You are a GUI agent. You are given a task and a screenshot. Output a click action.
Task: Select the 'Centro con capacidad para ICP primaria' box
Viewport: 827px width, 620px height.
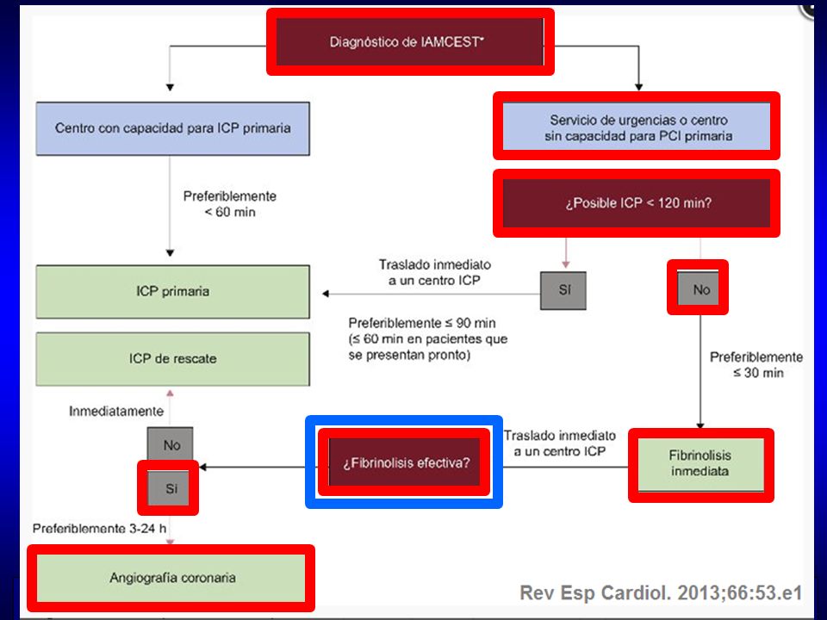click(173, 128)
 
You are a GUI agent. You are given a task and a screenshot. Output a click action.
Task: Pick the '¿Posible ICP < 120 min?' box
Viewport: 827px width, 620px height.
click(637, 203)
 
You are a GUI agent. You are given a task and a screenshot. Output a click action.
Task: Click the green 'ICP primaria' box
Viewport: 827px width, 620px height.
click(173, 292)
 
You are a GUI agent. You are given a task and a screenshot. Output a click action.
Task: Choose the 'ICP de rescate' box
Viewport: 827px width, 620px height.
click(173, 359)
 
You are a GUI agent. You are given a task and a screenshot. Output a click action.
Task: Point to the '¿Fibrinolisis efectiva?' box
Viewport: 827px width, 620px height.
click(405, 462)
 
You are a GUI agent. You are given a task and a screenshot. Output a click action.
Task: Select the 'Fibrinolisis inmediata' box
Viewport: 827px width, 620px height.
click(701, 464)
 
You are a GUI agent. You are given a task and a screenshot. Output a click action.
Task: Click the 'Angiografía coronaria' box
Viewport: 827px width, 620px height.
click(171, 578)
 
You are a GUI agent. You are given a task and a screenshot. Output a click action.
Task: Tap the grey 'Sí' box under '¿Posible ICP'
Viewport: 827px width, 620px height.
click(563, 290)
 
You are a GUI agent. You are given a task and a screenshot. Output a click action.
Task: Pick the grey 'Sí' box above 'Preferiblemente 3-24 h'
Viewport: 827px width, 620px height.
click(168, 487)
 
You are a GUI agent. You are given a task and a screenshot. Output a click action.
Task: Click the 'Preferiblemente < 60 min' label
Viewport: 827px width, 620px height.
click(230, 204)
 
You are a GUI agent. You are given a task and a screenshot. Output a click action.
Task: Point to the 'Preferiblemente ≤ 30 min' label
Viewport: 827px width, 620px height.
click(756, 365)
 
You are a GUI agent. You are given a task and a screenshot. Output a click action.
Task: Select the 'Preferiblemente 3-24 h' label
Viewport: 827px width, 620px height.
click(100, 528)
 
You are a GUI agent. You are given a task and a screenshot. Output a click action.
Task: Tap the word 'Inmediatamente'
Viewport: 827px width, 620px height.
click(116, 412)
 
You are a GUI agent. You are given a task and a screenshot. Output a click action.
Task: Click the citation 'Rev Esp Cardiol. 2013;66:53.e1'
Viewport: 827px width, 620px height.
click(661, 592)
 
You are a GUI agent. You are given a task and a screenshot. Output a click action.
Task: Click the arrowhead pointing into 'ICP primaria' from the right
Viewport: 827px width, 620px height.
click(326, 294)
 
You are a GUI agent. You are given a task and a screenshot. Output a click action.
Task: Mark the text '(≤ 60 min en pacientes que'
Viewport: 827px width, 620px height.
click(428, 338)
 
